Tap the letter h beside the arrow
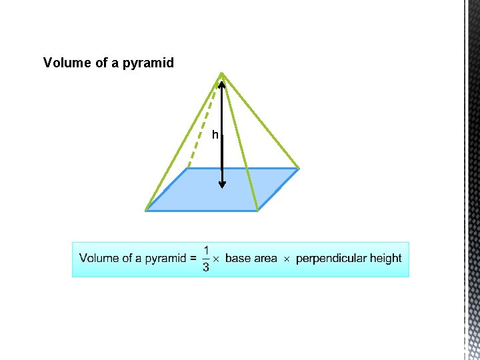coord(215,135)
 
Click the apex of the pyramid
coord(222,73)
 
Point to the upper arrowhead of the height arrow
coord(222,85)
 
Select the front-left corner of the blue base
coord(146,211)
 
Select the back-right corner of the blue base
coord(298,168)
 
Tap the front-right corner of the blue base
coord(257,211)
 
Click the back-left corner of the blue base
coord(187,168)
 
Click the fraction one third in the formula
coord(205,259)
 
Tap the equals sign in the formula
coord(193,259)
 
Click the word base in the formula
coord(238,259)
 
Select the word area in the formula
coord(265,259)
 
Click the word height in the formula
coord(385,259)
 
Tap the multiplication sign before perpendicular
coord(287,259)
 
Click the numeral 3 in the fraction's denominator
coord(205,267)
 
